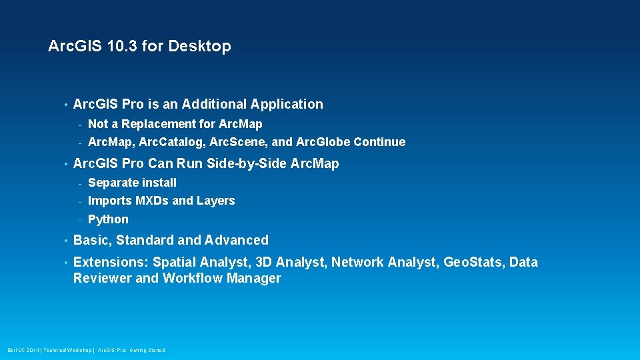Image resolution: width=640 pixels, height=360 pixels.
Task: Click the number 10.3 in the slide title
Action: [125, 47]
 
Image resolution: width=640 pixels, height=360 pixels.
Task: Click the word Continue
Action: [379, 142]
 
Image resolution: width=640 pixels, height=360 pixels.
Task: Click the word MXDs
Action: [152, 201]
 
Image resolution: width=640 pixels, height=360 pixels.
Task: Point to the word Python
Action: [108, 219]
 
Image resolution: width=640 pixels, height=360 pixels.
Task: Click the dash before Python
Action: [79, 220]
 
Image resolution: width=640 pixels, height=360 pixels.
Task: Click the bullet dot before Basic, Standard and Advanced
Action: [65, 241]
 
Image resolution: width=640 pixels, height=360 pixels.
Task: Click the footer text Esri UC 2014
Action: [23, 350]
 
